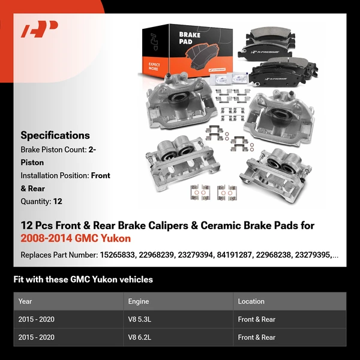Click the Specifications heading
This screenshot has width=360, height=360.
55,136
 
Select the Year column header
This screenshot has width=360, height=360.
25,301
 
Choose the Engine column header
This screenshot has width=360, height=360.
138,301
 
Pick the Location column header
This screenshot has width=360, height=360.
251,301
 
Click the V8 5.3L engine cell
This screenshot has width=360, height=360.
139,320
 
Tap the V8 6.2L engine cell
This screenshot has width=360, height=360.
139,338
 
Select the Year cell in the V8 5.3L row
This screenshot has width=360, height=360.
37,320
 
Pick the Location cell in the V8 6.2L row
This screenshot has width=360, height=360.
256,338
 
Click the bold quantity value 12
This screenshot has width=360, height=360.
58,202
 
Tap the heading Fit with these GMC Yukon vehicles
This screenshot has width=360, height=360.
83,279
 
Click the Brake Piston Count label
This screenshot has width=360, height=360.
53,149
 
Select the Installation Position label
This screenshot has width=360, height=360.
55,176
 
